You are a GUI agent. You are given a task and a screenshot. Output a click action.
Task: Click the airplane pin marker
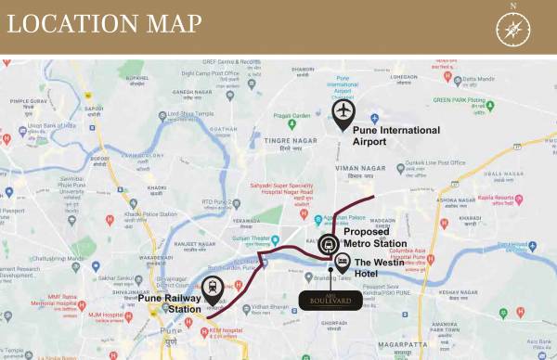343,113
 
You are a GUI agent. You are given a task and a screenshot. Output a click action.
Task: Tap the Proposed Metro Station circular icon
328,245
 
